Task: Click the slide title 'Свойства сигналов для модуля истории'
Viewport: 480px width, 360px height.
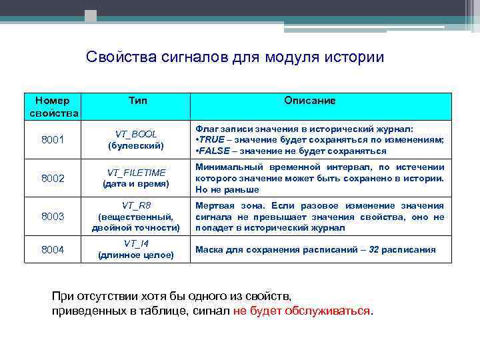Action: click(x=235, y=57)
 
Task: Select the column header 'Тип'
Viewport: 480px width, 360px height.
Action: click(x=138, y=100)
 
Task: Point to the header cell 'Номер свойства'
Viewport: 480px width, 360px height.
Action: click(x=53, y=107)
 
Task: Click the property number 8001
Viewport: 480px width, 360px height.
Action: click(x=53, y=139)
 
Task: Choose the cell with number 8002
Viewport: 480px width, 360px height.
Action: click(x=53, y=177)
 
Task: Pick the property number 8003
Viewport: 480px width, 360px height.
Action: click(x=53, y=216)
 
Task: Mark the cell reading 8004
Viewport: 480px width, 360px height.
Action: click(x=53, y=249)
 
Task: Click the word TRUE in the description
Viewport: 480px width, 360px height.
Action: click(x=212, y=139)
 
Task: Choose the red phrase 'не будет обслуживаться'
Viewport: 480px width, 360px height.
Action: click(x=302, y=311)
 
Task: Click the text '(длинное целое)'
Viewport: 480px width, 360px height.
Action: click(x=136, y=255)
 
